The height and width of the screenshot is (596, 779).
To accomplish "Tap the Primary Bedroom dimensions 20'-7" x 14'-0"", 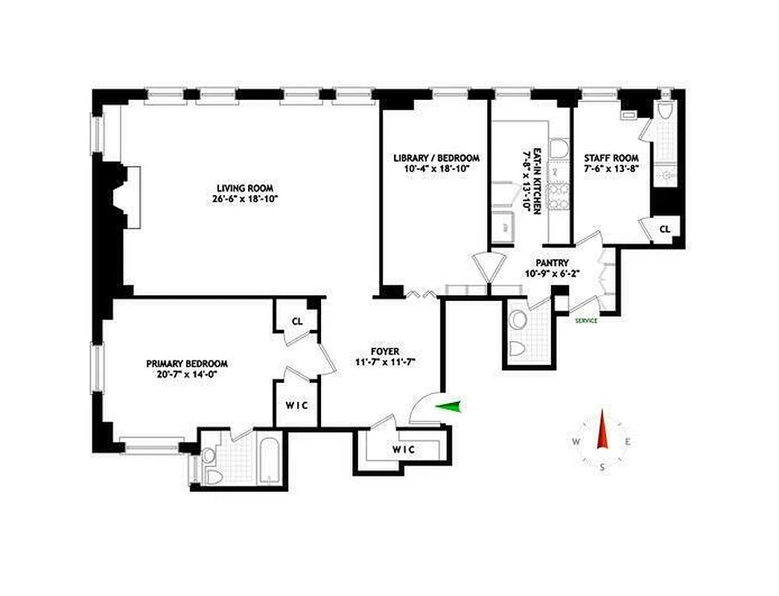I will [x=186, y=374].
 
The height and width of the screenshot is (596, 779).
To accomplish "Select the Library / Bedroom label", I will [x=436, y=158].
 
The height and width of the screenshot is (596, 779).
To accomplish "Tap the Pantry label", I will [x=552, y=262].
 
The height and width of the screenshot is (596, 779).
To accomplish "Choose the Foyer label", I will [x=385, y=351].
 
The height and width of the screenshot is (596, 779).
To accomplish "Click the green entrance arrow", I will [x=449, y=406].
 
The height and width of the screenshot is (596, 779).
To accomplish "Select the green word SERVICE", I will [x=586, y=321].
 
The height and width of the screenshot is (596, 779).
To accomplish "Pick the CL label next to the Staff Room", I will [x=664, y=229].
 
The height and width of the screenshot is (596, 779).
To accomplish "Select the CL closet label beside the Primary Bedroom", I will [x=296, y=322].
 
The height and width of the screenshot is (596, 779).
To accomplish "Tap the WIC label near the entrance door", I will [x=403, y=449].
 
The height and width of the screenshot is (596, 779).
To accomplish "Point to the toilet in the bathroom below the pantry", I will [x=519, y=349].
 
